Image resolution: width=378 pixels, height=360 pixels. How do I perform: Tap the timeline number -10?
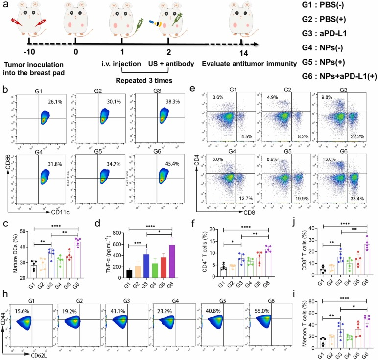pyautogui.click(x=30, y=52)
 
